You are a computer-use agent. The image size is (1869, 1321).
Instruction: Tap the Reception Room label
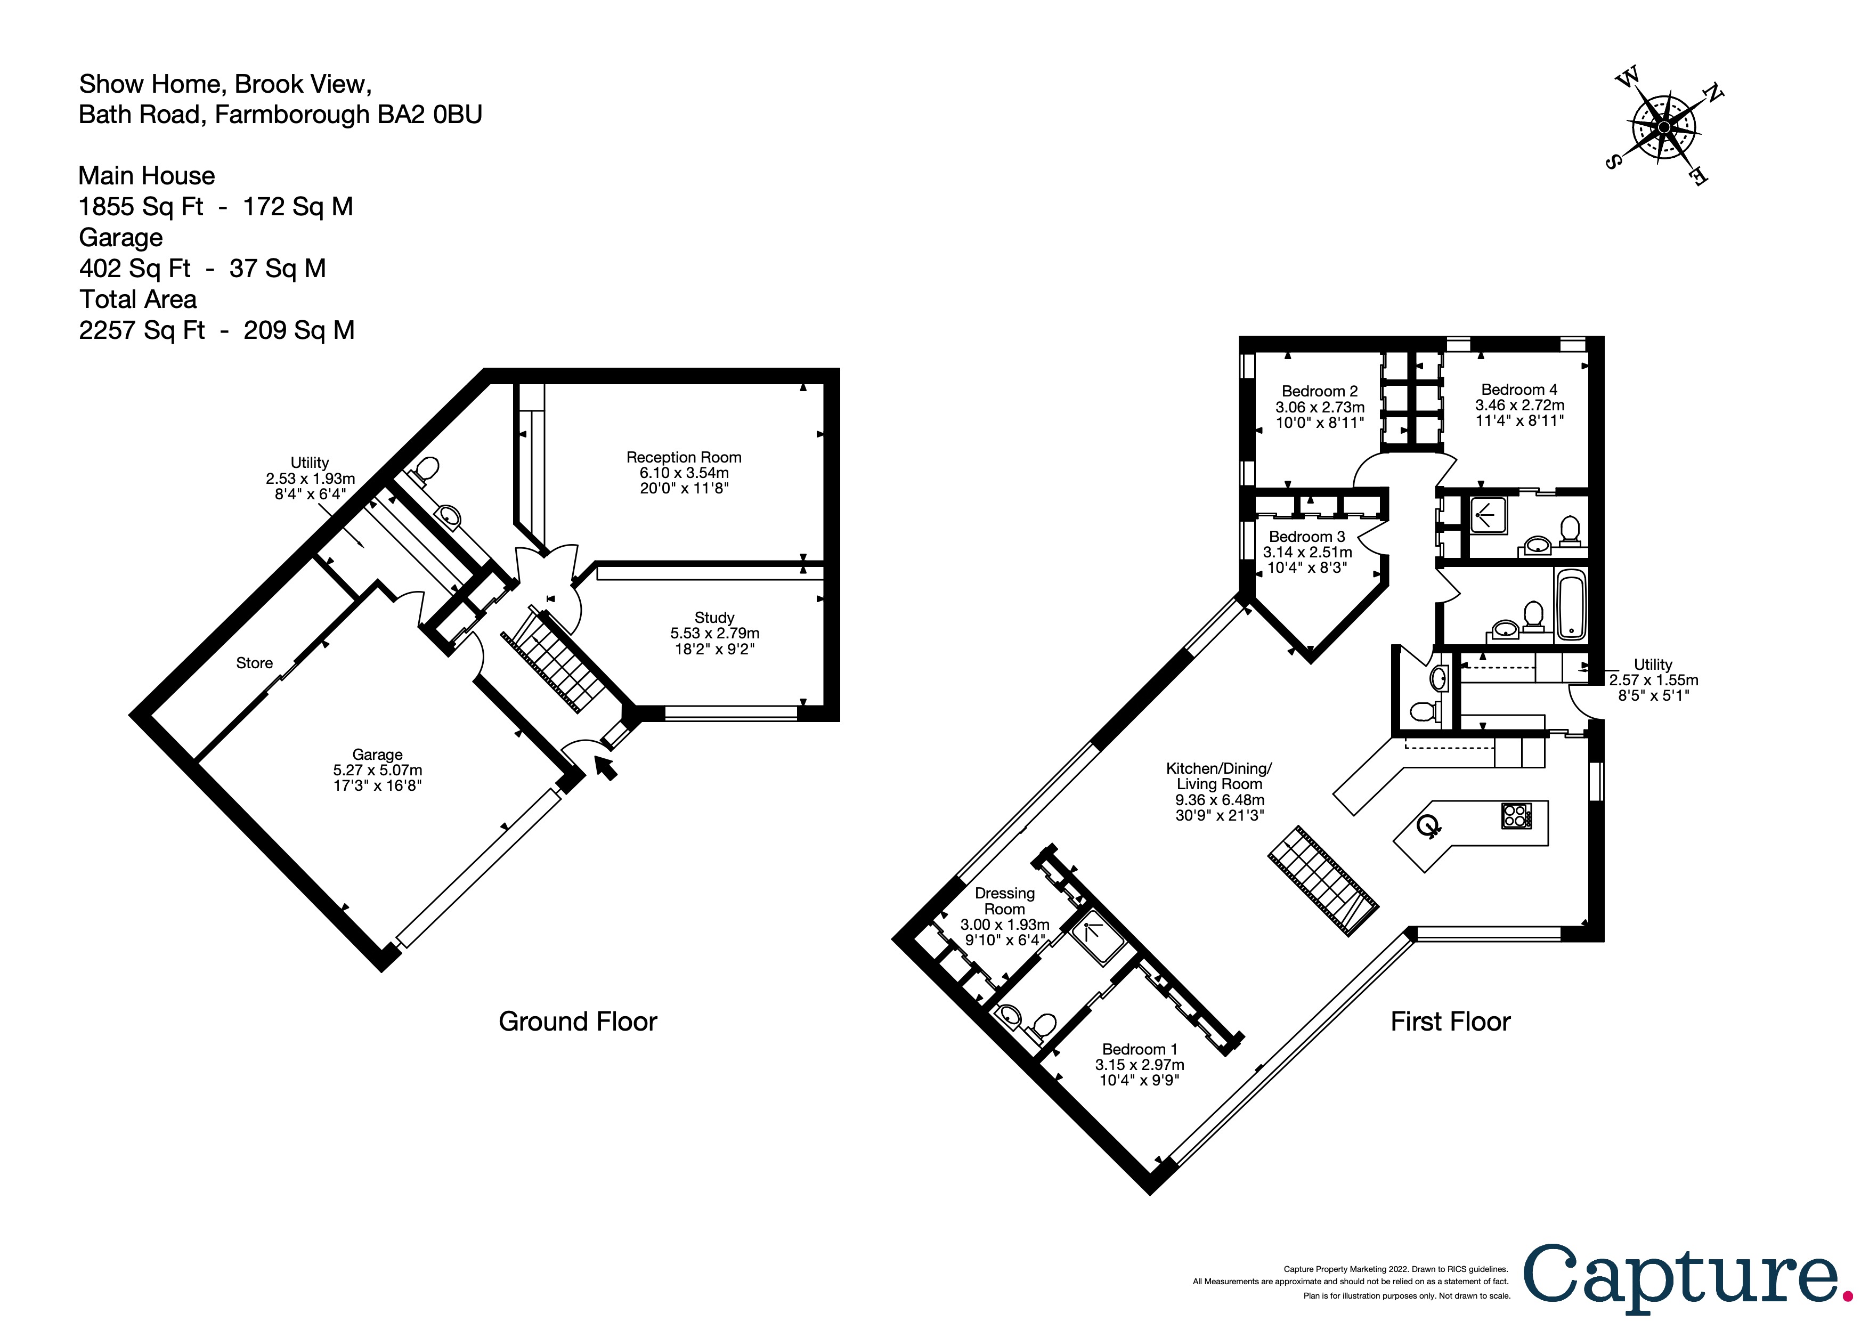(683, 457)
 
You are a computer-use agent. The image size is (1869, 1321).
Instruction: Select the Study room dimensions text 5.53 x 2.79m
(714, 633)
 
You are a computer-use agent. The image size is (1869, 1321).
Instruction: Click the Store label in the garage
(254, 663)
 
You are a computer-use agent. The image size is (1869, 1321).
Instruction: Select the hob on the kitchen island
(1516, 815)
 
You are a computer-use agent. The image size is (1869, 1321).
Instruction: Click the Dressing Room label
(1004, 901)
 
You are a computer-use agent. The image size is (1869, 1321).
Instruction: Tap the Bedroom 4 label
(1519, 390)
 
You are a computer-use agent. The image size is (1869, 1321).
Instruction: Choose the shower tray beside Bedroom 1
(1098, 938)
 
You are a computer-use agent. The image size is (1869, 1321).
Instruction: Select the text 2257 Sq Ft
(142, 330)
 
